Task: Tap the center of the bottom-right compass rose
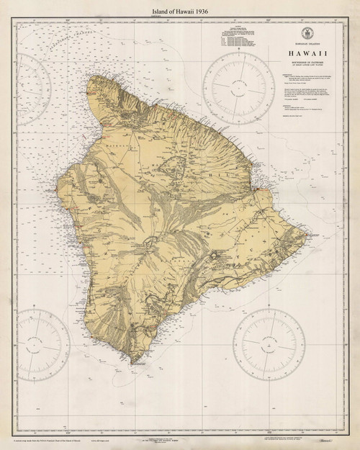[x=273, y=342]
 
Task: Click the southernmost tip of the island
[x=130, y=360]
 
